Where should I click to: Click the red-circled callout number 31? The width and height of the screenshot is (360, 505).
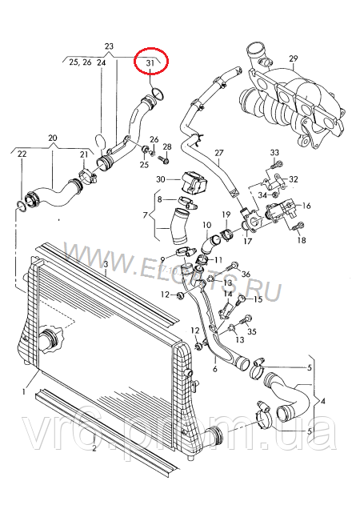click(150, 62)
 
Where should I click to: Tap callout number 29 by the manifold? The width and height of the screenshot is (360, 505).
click(293, 58)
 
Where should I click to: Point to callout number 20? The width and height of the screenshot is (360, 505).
click(53, 138)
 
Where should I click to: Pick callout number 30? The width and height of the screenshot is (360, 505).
click(161, 179)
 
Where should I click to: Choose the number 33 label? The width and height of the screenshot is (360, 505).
click(274, 152)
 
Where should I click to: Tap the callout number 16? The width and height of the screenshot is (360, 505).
click(306, 206)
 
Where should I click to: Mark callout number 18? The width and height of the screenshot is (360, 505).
click(301, 240)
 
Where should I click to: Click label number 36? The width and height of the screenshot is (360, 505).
click(245, 275)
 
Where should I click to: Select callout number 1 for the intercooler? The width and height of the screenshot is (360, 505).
click(25, 392)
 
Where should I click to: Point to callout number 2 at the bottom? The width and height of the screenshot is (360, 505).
click(94, 449)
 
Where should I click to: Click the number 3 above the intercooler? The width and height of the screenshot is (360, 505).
click(106, 263)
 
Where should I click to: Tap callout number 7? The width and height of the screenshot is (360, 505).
click(146, 215)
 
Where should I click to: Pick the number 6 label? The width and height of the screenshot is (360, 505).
click(214, 371)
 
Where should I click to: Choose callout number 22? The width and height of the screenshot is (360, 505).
click(22, 153)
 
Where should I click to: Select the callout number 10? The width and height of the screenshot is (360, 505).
click(206, 226)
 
